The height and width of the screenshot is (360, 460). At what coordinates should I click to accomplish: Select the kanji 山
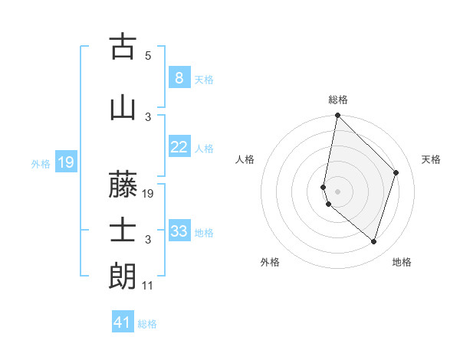coord(123,107)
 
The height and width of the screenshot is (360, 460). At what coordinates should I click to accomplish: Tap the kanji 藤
coord(123,184)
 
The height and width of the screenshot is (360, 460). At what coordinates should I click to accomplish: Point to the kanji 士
coord(123,231)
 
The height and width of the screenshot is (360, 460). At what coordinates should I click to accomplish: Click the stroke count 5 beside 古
coord(148,56)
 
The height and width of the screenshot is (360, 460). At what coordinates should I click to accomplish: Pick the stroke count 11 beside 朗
coord(148,286)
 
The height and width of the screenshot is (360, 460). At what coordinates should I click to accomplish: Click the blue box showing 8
coord(179,77)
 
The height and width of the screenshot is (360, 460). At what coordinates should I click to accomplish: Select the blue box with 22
coord(179,147)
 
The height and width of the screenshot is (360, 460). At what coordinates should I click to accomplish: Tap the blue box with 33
coord(179,231)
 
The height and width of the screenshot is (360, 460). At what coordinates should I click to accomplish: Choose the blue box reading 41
coord(122,322)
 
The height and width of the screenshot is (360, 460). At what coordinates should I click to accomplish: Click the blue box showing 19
coord(65,162)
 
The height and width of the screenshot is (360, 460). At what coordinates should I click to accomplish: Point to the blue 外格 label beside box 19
coord(41,162)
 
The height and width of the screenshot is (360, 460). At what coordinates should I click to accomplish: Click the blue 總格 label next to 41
coord(147,323)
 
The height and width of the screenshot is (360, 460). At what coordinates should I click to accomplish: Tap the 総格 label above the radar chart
coord(337,100)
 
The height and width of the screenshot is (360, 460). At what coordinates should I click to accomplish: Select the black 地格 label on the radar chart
coord(402,262)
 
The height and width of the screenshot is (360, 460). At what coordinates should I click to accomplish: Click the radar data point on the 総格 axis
coord(337,116)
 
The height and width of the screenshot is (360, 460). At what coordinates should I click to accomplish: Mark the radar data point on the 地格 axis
coord(373,242)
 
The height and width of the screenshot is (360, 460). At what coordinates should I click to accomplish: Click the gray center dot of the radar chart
coord(337,191)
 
